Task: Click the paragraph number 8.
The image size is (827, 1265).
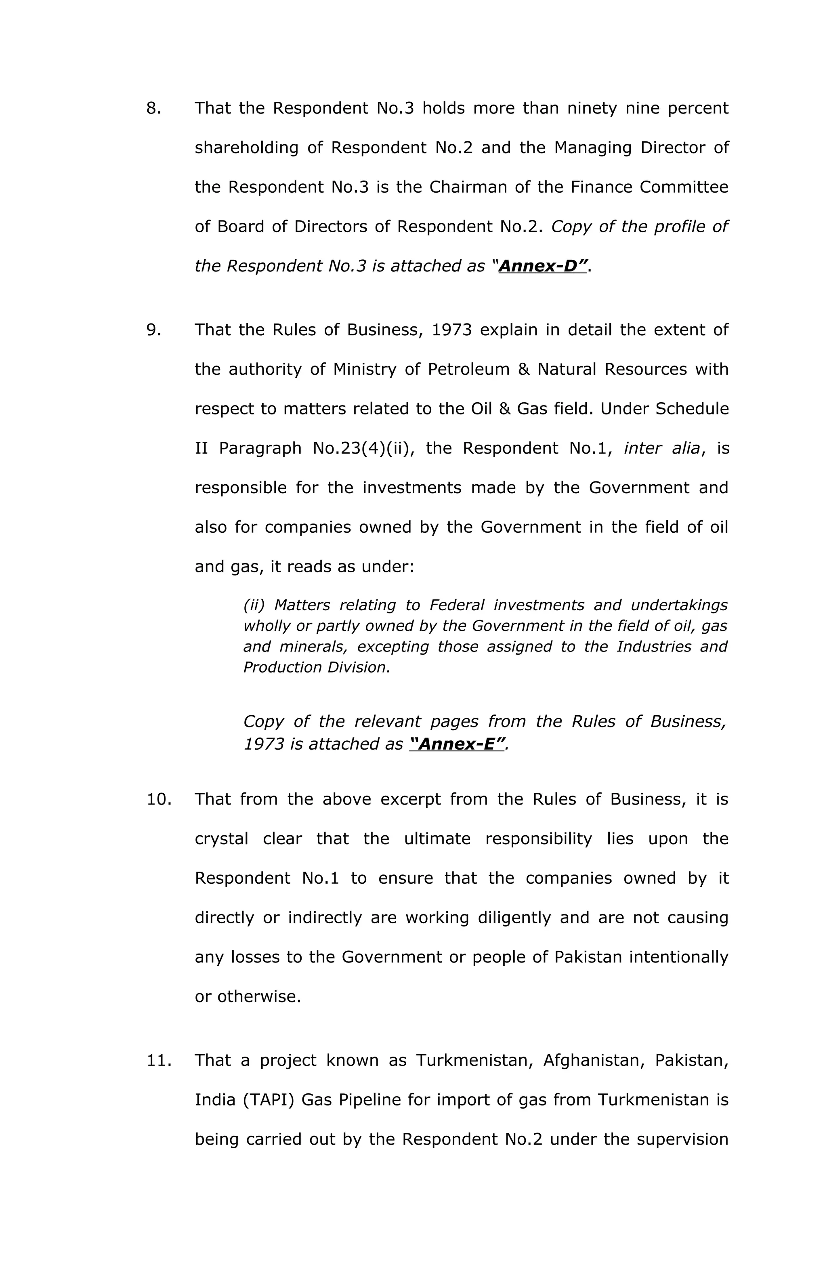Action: tap(153, 108)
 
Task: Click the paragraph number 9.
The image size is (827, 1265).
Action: tap(153, 330)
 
